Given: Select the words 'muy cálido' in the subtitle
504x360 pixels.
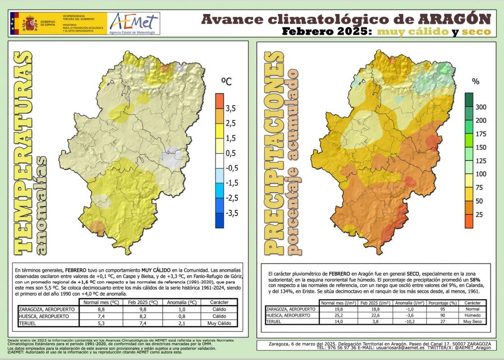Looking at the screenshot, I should [412, 32].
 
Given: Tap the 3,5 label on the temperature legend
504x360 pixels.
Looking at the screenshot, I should [231, 108].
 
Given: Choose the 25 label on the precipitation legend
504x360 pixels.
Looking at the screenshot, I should [479, 215].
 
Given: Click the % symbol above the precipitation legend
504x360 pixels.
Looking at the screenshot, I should [475, 82].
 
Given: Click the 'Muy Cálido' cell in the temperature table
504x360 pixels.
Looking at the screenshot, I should [219, 323].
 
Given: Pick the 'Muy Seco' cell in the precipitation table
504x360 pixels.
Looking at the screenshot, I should [472, 321].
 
